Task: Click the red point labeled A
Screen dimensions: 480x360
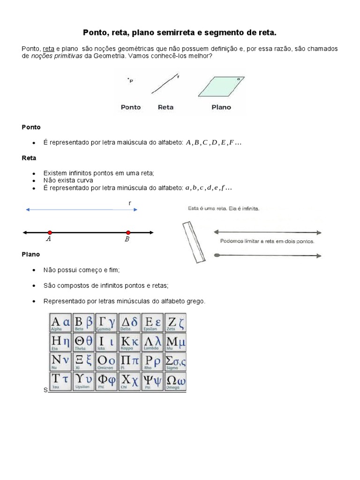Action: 49,232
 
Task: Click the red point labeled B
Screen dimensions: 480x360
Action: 128,232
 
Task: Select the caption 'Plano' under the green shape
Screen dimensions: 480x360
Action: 221,107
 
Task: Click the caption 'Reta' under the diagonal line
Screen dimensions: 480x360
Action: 165,107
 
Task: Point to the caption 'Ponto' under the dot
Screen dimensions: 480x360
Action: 131,107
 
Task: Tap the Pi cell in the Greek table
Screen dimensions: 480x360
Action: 129,362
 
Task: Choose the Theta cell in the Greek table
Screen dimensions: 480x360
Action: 83,343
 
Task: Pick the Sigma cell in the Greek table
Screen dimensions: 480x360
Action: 175,362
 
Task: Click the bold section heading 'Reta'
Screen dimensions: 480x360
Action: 29,158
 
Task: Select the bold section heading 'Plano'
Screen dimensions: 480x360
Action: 31,254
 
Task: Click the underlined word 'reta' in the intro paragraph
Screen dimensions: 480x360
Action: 48,49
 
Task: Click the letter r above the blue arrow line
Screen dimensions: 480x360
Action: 130,203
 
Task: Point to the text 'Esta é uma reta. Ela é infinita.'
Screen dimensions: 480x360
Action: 223,208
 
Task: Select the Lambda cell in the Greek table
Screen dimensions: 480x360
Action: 152,343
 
